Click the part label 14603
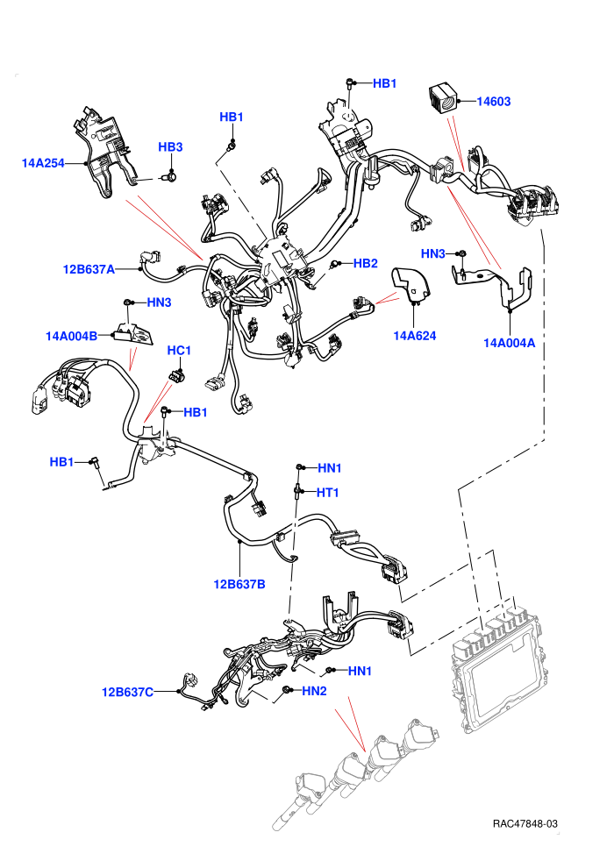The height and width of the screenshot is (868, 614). tap(493, 102)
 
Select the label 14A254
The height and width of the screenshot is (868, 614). tap(43, 163)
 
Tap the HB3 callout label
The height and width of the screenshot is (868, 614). tap(170, 146)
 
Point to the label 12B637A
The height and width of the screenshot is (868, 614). tap(89, 269)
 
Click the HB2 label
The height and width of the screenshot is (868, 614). tap(366, 264)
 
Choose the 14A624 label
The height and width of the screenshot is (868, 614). tap(415, 336)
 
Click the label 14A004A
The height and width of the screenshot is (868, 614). tap(510, 343)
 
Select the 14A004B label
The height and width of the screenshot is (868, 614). tap(71, 336)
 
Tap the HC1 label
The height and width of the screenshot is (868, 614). tap(179, 351)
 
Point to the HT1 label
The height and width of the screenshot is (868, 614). tap(328, 492)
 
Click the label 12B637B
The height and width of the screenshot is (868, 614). tap(239, 584)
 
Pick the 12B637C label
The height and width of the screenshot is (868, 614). tap(127, 692)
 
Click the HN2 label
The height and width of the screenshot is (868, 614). tap(315, 691)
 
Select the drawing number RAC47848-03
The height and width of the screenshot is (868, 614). tap(525, 823)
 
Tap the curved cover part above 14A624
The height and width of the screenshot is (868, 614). tap(411, 286)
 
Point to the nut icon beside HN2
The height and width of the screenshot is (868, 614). tap(288, 690)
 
